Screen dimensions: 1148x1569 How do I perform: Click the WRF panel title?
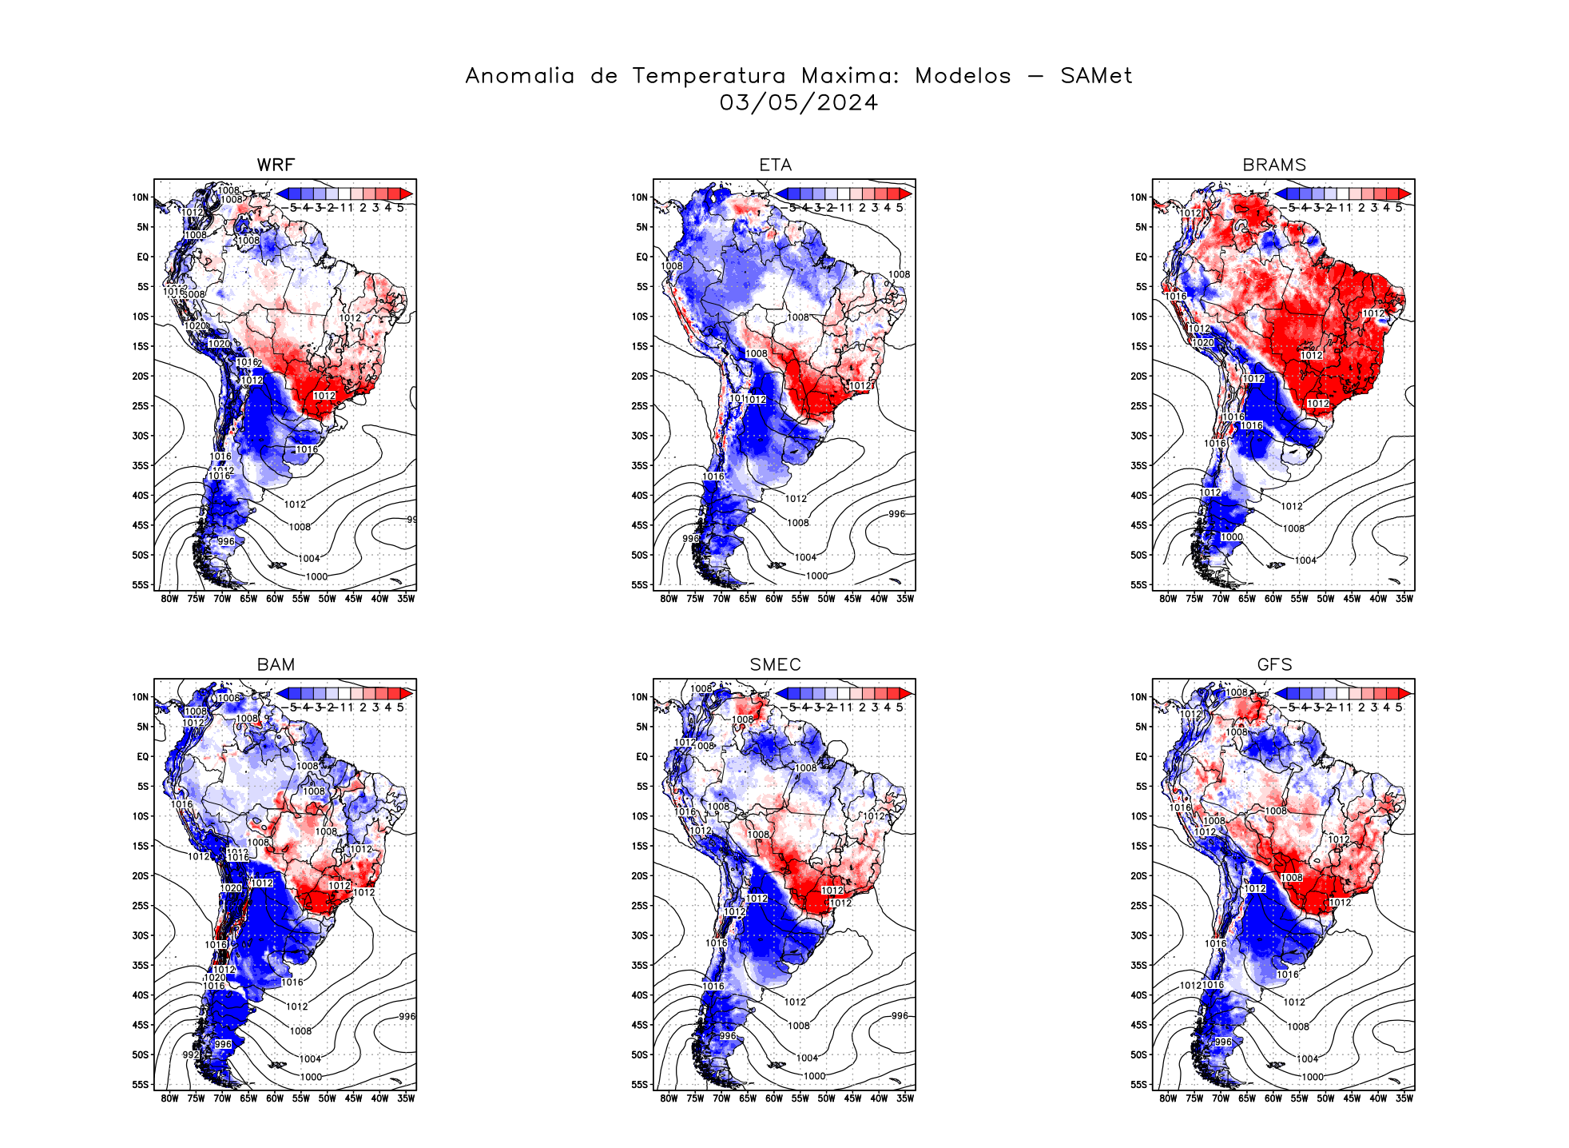pos(276,165)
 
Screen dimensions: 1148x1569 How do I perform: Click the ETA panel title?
pos(775,165)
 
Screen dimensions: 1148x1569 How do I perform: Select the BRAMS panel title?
pos(1274,165)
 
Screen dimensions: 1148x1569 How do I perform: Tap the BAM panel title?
pos(276,664)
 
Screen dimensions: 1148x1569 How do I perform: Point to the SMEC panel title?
pos(775,664)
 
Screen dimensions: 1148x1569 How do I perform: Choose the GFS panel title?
pos(1274,664)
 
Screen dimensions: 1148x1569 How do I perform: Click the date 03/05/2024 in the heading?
pos(798,102)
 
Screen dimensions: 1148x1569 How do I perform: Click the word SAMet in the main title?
pos(1096,76)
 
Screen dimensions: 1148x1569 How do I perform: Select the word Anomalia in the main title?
pos(519,76)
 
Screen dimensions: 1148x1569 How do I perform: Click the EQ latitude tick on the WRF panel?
pos(142,257)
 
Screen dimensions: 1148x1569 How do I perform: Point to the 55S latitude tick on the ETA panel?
pos(640,585)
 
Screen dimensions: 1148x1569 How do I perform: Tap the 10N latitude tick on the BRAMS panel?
pos(1138,197)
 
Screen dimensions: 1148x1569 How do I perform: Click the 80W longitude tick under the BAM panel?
pos(169,1098)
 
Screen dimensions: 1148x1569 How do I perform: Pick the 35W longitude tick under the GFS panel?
pos(1404,1098)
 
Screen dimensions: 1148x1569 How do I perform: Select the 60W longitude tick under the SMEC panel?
pos(774,1098)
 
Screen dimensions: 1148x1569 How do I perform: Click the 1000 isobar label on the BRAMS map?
pos(1231,537)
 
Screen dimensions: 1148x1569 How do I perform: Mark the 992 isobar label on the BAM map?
pos(190,1054)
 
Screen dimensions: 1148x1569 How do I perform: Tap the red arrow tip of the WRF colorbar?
pos(407,193)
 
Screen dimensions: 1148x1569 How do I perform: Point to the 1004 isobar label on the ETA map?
pos(805,557)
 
